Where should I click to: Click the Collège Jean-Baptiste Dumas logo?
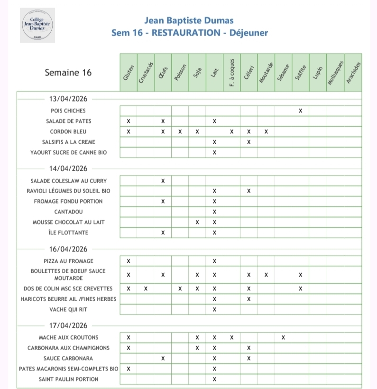37,25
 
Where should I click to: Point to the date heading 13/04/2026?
68,99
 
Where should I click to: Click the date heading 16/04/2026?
68,249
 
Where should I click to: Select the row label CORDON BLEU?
68,131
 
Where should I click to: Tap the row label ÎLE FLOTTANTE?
68,232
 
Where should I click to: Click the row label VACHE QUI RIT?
68,309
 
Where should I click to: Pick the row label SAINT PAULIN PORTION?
68,379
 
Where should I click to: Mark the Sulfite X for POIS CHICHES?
300,111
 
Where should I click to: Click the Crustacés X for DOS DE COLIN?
146,288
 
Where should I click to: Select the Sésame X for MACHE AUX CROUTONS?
283,337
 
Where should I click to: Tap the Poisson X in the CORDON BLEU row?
180,131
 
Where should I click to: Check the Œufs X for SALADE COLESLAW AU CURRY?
163,181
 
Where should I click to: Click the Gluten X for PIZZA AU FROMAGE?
129,261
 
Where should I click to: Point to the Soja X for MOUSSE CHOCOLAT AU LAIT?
197,222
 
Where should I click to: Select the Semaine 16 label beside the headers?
68,73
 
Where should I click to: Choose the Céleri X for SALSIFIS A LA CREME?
248,142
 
